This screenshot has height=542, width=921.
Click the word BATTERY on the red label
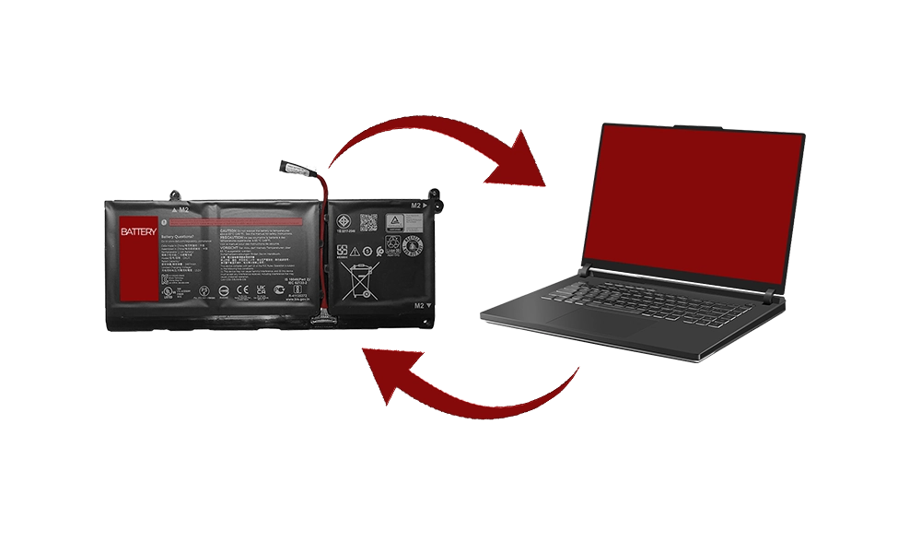coord(138,230)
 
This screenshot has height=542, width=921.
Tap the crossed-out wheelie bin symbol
coord(359,280)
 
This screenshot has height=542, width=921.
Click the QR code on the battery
coord(368,222)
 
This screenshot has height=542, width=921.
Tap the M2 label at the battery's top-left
coord(182,209)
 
